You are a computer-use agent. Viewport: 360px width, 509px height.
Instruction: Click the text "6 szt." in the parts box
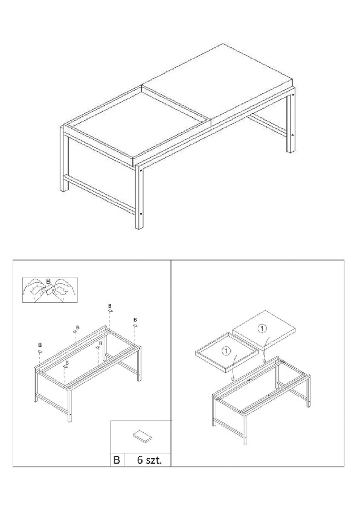[x=149, y=460]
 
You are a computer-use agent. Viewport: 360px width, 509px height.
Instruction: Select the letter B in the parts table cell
[x=117, y=460]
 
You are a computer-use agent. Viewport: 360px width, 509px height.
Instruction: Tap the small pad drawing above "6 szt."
[x=142, y=435]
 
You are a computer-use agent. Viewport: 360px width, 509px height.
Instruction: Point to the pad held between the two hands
[x=49, y=290]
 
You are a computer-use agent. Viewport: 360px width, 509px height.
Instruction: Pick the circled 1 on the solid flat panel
[x=262, y=328]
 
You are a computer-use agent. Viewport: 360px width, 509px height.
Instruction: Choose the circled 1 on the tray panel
[x=227, y=351]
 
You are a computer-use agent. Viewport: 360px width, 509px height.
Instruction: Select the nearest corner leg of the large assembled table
[x=140, y=196]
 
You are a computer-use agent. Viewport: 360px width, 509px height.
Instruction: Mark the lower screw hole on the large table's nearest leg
[x=141, y=214]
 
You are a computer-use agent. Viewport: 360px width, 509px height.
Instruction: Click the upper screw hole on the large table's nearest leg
[x=141, y=170]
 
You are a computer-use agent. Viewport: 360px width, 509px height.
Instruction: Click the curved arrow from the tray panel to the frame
[x=234, y=368]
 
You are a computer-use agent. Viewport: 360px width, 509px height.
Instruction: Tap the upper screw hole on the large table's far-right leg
[x=293, y=94]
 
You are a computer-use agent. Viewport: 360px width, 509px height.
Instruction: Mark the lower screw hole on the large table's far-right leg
[x=292, y=135]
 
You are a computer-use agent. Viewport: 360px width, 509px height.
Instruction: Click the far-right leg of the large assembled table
[x=291, y=120]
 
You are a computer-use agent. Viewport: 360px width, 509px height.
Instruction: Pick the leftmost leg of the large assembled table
[x=63, y=160]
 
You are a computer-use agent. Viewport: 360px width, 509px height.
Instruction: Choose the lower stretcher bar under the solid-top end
[x=268, y=125]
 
